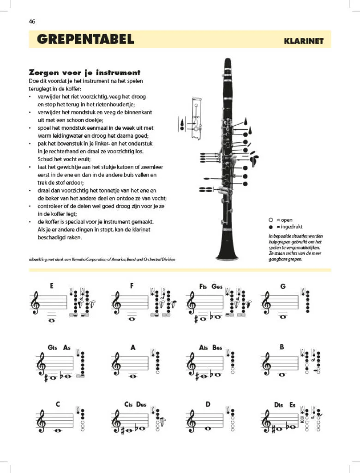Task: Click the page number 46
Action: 32,21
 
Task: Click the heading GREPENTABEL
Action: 85,39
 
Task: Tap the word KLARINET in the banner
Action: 304,41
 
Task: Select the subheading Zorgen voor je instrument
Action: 84,73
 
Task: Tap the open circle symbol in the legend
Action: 271,220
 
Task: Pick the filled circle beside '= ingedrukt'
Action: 271,227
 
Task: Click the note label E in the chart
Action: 52,286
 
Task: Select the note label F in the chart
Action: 132,286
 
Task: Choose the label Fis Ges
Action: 211,286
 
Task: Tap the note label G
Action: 283,286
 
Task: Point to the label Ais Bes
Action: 211,348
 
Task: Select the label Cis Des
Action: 135,405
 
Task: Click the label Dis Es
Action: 285,405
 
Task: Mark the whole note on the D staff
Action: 208,428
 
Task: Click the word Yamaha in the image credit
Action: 89,259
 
